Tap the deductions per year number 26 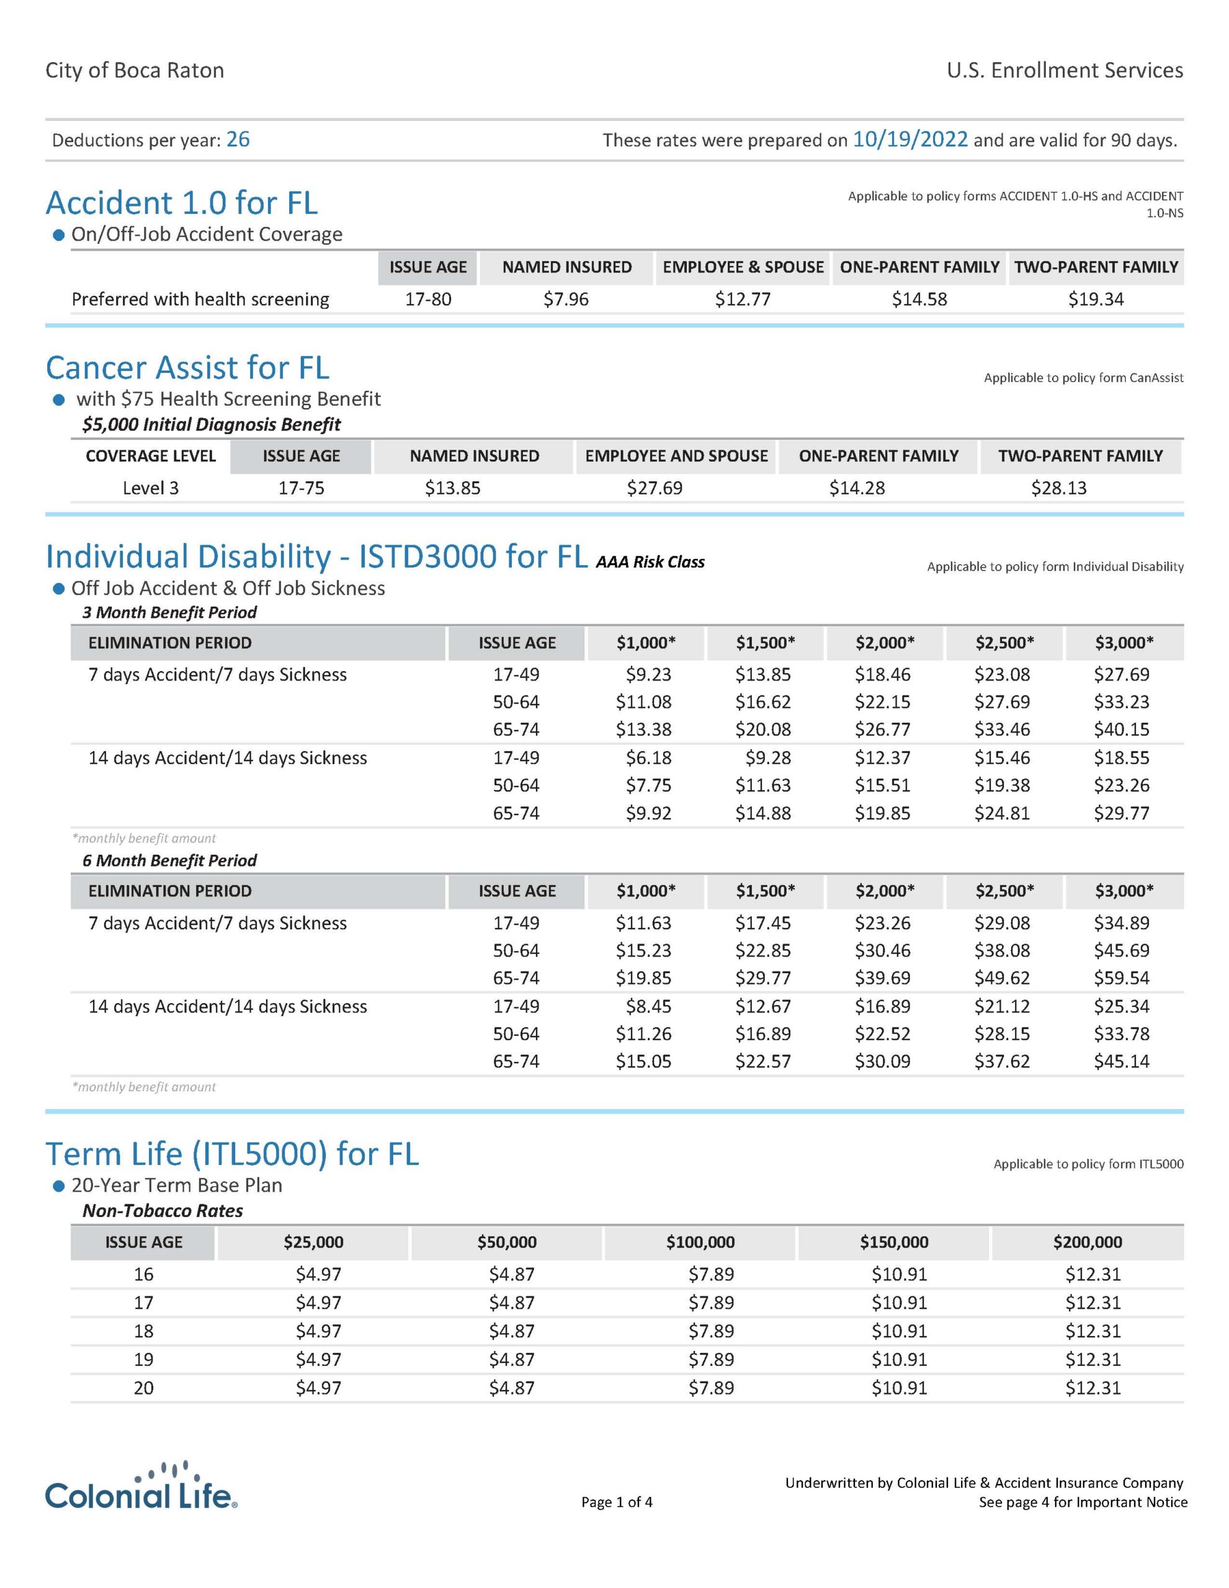click(238, 140)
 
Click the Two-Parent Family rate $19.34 click(1095, 299)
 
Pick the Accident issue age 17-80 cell click(427, 299)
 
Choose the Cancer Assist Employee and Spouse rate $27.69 click(655, 488)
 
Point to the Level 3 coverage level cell click(151, 488)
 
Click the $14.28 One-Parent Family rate click(857, 488)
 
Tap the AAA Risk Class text click(650, 562)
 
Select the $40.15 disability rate click(1122, 729)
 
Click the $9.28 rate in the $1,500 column click(768, 757)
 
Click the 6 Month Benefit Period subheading click(169, 861)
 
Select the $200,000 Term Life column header click(1087, 1242)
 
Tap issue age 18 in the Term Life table click(144, 1331)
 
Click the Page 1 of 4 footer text click(617, 1502)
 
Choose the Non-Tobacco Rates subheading click(163, 1211)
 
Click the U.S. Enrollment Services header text click(1065, 71)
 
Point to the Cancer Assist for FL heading click(187, 368)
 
